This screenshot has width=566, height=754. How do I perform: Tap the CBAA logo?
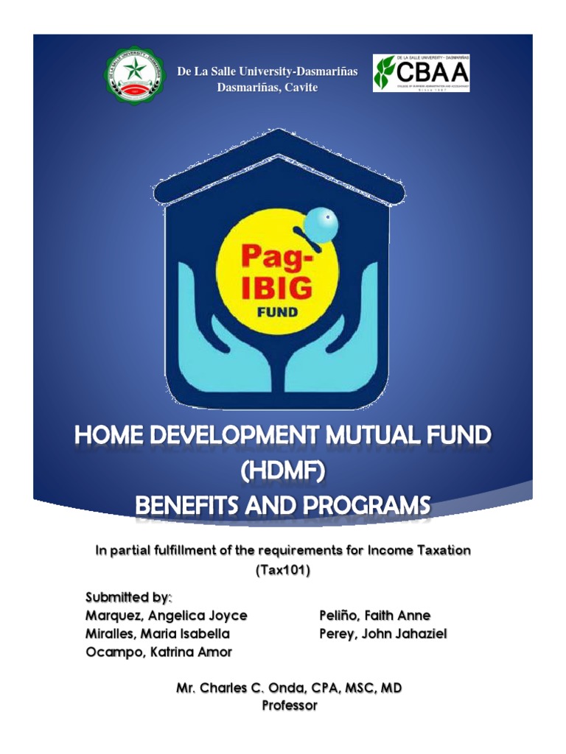(x=421, y=73)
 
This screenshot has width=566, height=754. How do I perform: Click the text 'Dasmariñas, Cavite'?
(x=267, y=88)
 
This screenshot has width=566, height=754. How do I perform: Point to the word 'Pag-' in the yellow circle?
(x=271, y=258)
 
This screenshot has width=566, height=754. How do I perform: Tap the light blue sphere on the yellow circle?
(x=320, y=220)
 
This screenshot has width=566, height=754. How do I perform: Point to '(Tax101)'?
(x=282, y=570)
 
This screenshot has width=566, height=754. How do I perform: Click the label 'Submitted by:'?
(x=128, y=596)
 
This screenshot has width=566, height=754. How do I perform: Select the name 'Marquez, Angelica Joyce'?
(x=167, y=615)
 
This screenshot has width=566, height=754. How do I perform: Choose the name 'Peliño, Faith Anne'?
(x=374, y=615)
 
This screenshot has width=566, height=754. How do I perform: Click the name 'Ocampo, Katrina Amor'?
(x=158, y=652)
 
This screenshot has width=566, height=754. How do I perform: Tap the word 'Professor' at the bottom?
(x=290, y=705)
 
